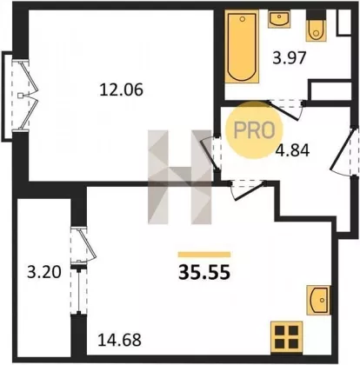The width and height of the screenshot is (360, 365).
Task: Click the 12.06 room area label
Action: pos(121,90)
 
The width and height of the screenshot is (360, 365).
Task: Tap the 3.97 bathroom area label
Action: pos(290,57)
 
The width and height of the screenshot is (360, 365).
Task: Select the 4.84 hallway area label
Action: pos(292,150)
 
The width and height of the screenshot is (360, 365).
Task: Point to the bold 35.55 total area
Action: pos(204,273)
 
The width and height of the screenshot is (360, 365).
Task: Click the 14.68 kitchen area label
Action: pos(119,340)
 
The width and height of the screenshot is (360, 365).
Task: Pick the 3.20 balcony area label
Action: pos(44,273)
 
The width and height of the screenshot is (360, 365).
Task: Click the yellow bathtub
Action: pos(242,46)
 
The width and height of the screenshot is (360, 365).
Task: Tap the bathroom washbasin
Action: pos(279,19)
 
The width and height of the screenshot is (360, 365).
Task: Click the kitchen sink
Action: pos(318,300)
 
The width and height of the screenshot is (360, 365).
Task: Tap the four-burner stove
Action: pos(286,337)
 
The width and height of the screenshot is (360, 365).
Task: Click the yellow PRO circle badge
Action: pos(254,129)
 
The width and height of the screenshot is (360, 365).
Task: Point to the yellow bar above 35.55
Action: pos(204,255)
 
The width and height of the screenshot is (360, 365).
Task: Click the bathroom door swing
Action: pos(285,110)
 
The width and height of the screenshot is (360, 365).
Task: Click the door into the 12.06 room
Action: pos(210,153)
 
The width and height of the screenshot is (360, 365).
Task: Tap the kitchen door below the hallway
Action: pos(247,189)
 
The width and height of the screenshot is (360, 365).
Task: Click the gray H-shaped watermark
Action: pos(180,177)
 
